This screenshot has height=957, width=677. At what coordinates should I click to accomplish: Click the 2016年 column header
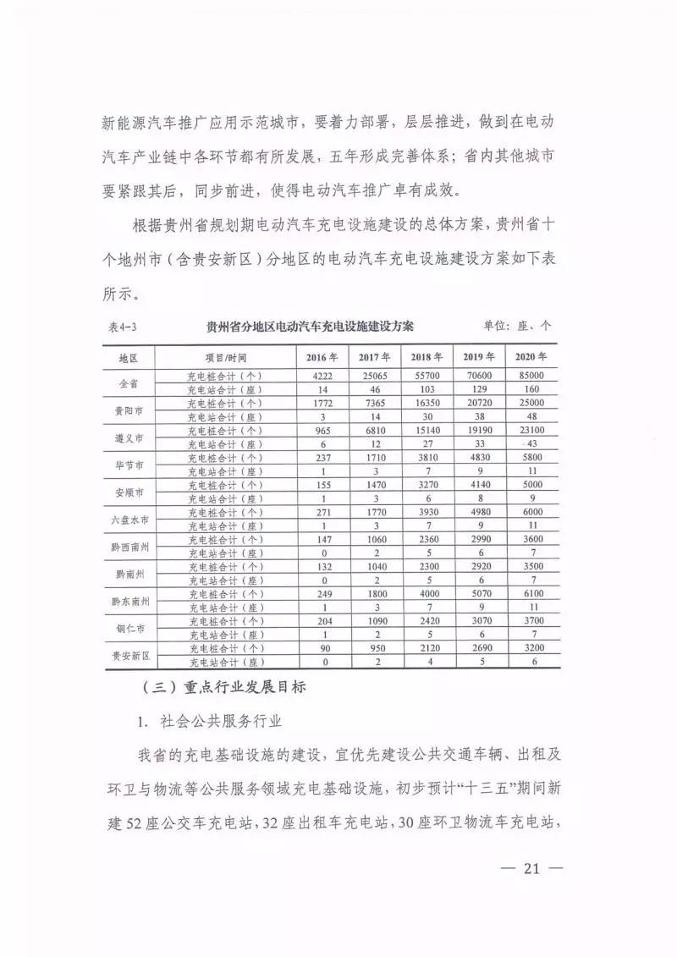click(322, 357)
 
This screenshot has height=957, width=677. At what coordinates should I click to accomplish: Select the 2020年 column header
click(531, 357)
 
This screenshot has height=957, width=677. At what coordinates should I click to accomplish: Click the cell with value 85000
click(531, 376)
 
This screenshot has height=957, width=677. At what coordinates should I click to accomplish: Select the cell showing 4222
click(322, 376)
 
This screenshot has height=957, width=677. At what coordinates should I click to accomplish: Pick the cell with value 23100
click(531, 430)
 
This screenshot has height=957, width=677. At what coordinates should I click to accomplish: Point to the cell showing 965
click(322, 430)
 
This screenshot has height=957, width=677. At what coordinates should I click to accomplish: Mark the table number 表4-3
click(126, 327)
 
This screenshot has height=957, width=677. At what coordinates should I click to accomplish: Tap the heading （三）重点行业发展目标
click(219, 688)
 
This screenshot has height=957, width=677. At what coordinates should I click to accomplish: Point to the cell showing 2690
click(478, 648)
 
